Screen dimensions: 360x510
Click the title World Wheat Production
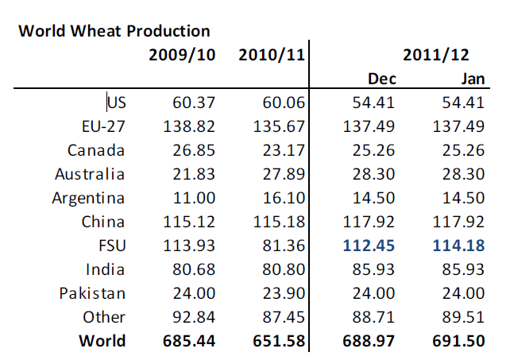pos(114,32)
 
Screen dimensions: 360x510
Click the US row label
pos(117,102)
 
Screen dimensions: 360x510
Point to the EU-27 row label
pos(103,126)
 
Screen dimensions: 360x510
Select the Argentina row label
pos(89,197)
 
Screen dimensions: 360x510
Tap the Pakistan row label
pos(92,292)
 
